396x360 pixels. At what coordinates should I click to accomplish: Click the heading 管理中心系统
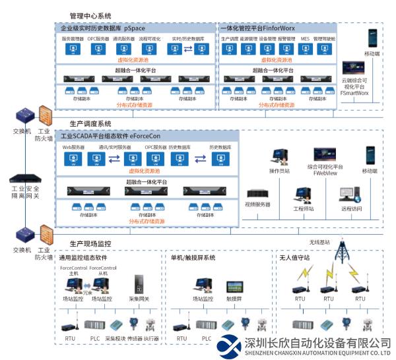90,15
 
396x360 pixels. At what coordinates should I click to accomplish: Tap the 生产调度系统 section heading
90,123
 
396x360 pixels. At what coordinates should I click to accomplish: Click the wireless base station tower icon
342,253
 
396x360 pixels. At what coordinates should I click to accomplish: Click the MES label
305,39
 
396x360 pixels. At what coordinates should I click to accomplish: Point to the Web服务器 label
73,147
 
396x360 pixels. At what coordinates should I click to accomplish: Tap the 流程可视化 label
148,39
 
